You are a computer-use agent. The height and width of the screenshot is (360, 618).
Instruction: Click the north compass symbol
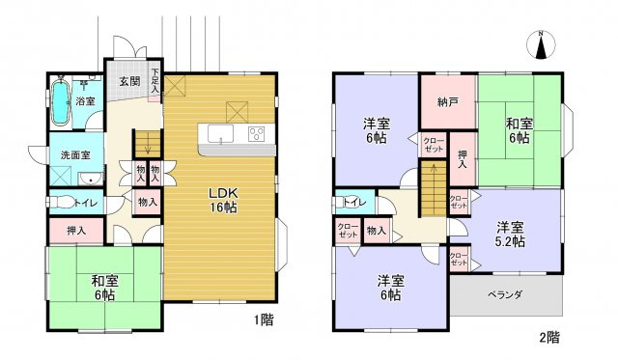541,45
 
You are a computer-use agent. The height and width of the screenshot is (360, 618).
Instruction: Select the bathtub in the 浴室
60,103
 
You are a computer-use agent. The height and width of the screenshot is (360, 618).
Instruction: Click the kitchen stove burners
257,134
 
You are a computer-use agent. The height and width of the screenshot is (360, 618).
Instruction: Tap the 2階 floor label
548,337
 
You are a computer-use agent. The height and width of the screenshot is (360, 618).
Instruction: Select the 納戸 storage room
447,100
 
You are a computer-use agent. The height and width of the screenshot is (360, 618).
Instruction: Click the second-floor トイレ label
351,205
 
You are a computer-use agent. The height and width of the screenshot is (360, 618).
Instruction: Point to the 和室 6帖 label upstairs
519,130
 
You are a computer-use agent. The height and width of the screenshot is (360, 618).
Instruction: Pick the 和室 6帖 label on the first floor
103,288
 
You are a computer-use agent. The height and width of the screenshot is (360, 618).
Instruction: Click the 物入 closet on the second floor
377,231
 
